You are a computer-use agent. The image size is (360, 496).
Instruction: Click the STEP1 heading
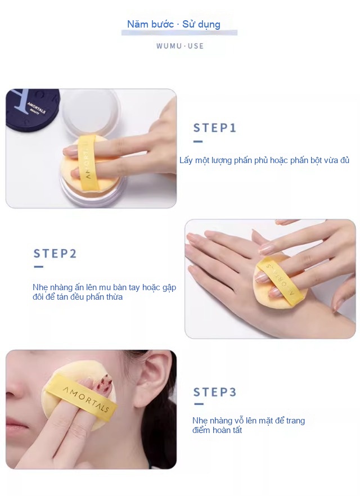tap(215, 128)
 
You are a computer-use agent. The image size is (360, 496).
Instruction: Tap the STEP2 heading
tap(55, 254)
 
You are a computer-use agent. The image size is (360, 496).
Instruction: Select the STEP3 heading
tap(215, 392)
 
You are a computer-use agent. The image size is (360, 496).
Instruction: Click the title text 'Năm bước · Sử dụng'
tap(174, 24)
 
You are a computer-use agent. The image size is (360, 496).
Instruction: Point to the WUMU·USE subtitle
tap(180, 46)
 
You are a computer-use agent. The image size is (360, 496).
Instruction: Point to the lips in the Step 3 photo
tap(15, 425)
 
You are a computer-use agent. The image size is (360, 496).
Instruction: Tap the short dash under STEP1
tap(198, 141)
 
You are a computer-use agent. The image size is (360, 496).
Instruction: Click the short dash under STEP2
tap(38, 267)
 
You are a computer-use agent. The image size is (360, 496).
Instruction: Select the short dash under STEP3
tap(199, 404)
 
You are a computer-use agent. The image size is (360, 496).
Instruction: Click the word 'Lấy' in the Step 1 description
tap(186, 160)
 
